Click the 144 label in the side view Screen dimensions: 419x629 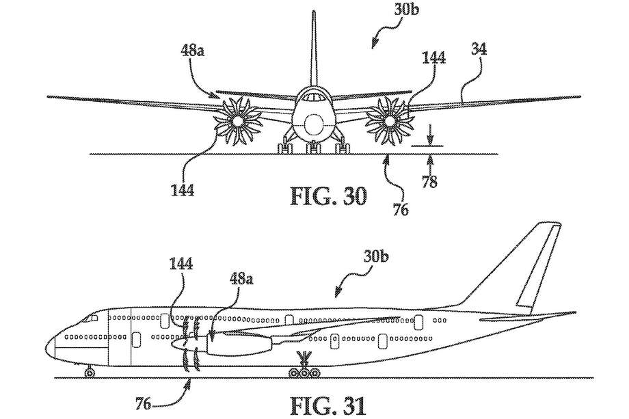[183, 263]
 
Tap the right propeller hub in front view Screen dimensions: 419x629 [389, 122]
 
